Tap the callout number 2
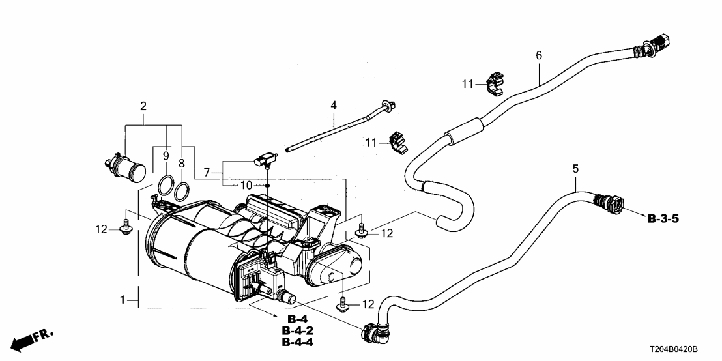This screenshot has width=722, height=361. click(x=143, y=105)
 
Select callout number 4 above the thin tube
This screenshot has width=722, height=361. click(x=334, y=104)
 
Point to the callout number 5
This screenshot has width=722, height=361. click(x=575, y=169)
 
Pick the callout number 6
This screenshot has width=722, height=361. click(x=539, y=56)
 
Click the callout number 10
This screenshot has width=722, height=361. click(x=245, y=185)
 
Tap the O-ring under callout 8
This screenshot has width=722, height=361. click(x=182, y=190)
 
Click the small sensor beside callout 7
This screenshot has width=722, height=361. click(x=266, y=158)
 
